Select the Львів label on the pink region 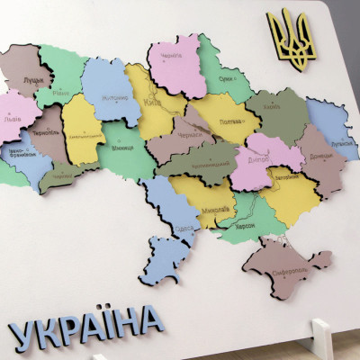coord(13,119)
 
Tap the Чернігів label coord(170,55)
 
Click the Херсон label coord(245,224)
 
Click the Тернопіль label coord(44,133)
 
